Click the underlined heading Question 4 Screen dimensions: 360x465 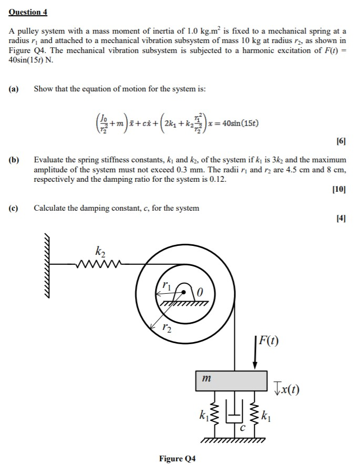[28, 12]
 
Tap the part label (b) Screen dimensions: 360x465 [14, 159]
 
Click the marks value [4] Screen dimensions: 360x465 [341, 219]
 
